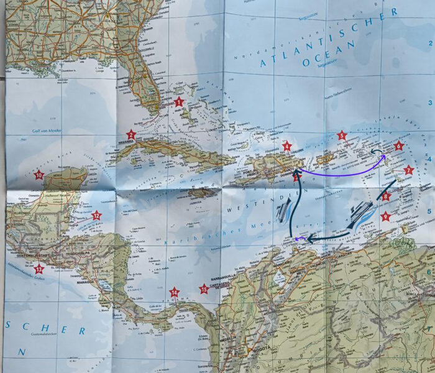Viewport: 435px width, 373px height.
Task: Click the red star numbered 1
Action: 179,101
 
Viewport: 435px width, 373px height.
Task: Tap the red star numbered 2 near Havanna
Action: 131,134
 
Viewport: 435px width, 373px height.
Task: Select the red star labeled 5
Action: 341,136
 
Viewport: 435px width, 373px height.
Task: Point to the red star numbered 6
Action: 398,146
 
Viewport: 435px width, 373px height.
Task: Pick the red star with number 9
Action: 386,216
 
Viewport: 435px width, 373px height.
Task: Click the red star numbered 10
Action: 39,175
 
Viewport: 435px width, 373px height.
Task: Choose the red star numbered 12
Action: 96,216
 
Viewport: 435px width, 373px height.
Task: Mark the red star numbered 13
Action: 39,269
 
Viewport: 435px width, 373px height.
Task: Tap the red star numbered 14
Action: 175,292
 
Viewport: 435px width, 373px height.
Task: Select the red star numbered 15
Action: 203,288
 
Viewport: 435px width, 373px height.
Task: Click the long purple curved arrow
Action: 342,172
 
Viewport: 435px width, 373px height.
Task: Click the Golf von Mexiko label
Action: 48,131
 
